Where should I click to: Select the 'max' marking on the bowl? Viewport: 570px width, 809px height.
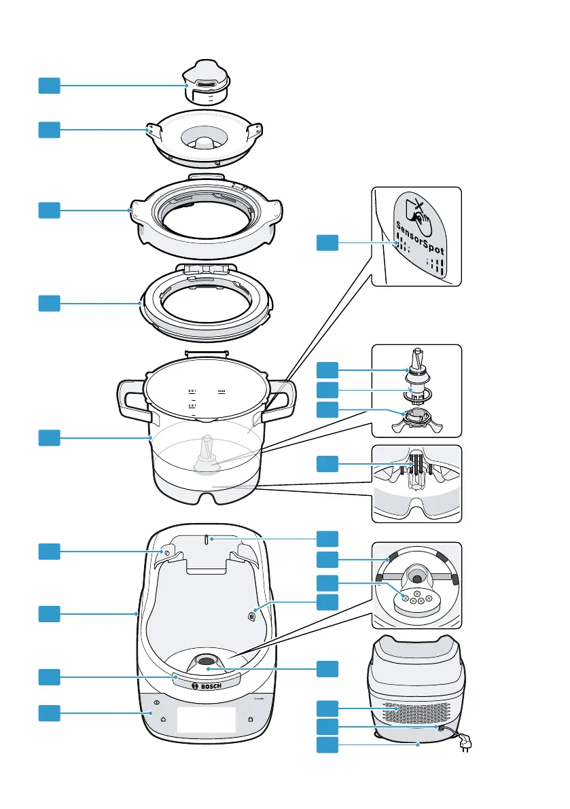[221, 391]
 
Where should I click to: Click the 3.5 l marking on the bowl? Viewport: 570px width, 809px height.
[192, 391]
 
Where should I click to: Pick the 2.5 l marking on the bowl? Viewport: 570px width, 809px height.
[192, 405]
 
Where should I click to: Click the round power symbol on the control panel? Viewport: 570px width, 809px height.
[157, 702]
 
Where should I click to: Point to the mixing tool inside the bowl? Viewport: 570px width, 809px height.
[207, 458]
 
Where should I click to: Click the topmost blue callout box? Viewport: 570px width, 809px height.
[48, 86]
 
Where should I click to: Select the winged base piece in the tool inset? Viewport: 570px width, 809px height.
[416, 421]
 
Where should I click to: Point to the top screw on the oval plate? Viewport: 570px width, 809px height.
[416, 594]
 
